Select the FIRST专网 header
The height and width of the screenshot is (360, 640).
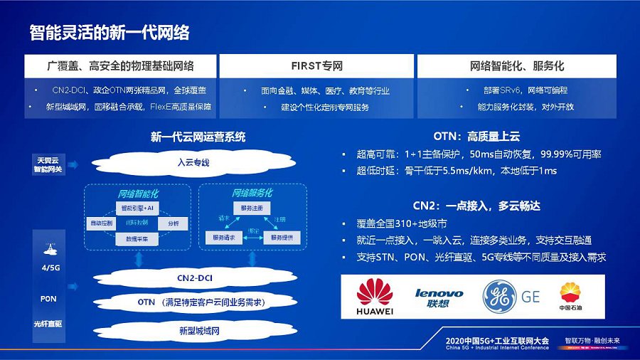coord(316,66)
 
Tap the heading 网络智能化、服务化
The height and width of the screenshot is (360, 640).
coord(517,66)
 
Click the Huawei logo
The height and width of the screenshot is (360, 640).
coord(375,297)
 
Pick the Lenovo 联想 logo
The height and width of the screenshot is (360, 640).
coord(439,297)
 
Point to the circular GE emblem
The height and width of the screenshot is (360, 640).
coord(499,297)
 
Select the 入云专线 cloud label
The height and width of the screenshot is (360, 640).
coord(193,163)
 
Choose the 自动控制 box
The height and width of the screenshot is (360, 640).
coord(100,223)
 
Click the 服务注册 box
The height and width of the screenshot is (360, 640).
coord(251,208)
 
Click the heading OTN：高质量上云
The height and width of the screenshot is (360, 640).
coord(476,136)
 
